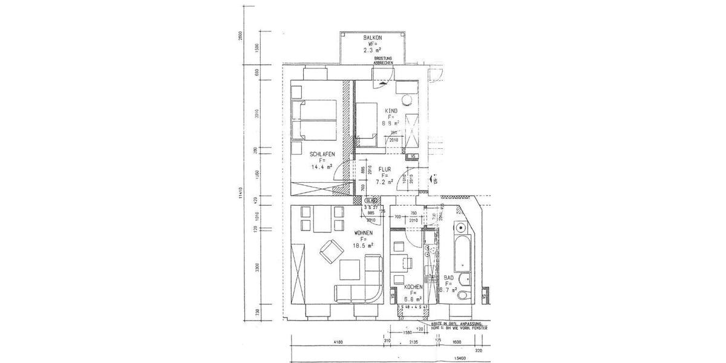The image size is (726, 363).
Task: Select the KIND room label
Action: click(391, 110)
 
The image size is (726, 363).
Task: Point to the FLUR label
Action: click(385, 169)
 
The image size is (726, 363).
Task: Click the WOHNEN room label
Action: click(363, 232)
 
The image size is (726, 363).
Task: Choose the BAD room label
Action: click(449, 277)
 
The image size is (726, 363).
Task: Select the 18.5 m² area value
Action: click(363, 246)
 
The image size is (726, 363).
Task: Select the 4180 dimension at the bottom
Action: click(338, 343)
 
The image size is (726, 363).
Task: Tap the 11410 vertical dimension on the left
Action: click(241, 193)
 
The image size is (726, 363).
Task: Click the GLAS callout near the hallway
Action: click(371, 200)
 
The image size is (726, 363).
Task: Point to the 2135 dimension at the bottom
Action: click(414, 343)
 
